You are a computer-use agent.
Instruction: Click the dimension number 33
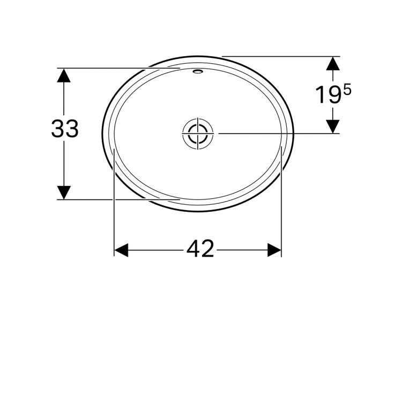tap(65, 129)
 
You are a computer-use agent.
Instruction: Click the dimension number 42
tap(200, 249)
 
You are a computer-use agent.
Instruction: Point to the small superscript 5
tap(347, 90)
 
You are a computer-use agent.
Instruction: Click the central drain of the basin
tap(197, 133)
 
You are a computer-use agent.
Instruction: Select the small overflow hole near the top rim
tap(197, 71)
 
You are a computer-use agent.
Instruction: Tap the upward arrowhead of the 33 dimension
tap(64, 75)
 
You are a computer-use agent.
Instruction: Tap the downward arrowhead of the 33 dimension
tap(64, 192)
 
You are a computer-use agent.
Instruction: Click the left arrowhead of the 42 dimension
tap(121, 250)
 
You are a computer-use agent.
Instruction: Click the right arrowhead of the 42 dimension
tap(274, 250)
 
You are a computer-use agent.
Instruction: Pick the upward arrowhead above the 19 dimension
tap(333, 64)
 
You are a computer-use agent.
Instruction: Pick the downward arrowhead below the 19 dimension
tap(333, 126)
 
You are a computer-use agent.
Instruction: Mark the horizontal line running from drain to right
tap(268, 133)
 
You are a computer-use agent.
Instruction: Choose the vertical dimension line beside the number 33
tap(64, 161)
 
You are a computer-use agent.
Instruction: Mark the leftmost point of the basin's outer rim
tap(102, 133)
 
